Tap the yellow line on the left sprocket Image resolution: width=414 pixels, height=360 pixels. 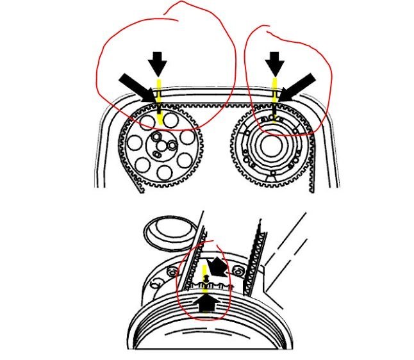(x=158, y=109)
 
